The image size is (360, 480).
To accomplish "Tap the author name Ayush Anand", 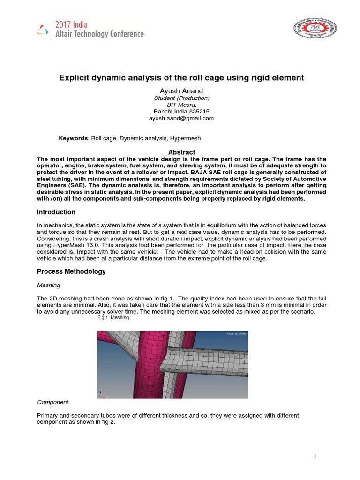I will click(181, 90).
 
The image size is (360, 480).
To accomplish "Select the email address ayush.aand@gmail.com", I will click(181, 119).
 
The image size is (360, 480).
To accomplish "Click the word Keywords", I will click(73, 139).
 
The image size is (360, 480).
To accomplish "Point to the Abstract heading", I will click(181, 152).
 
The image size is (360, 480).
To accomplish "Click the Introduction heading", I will click(56, 212).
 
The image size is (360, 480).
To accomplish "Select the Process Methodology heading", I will click(71, 271).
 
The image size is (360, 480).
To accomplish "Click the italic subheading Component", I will click(52, 402).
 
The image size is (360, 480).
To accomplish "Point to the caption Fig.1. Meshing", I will click(113, 318).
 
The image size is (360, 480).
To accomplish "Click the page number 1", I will click(316, 457).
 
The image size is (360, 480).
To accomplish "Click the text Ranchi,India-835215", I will click(181, 112).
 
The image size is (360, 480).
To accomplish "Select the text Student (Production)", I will click(181, 98).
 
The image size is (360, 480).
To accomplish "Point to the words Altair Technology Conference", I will click(99, 34).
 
